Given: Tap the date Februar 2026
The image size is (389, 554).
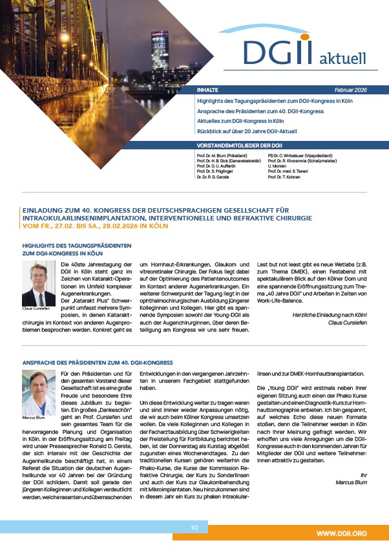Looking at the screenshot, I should [x=359, y=91].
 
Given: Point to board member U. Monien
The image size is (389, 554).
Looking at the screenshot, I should [x=277, y=165].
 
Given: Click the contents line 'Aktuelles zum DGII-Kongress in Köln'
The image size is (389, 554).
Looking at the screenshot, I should [x=240, y=121].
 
